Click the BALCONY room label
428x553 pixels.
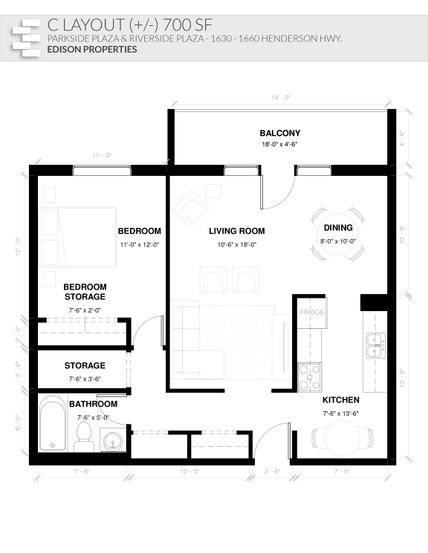coord(279,134)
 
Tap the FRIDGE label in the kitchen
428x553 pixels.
coord(311,313)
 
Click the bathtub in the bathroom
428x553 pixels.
coord(52,426)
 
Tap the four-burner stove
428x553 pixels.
coord(308,376)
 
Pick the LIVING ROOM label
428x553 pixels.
coord(236,231)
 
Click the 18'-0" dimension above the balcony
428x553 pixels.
coord(280,97)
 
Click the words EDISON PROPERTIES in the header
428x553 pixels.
coord(91,50)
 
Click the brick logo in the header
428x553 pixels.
coord(26,36)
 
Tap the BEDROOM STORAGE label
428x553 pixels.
coord(84,292)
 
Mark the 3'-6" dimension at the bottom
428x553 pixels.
coord(272,471)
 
